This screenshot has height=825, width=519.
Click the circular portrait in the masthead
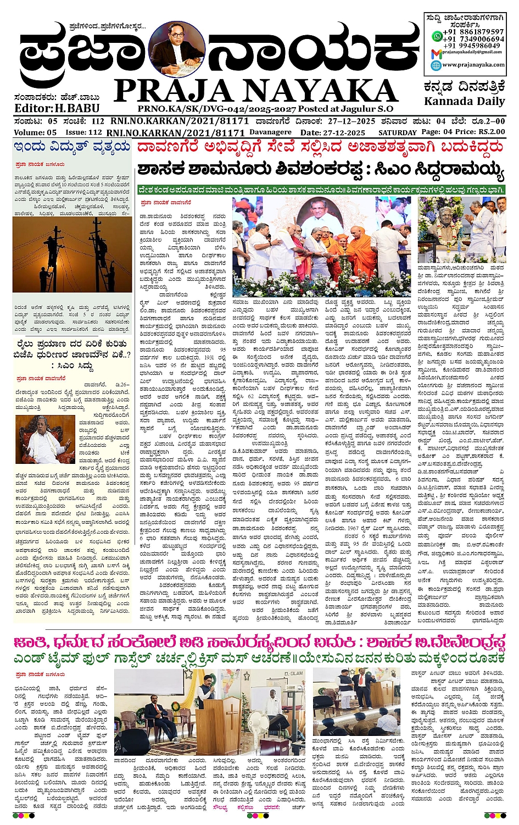[x=177, y=49]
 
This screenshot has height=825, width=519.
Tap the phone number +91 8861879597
[x=473, y=32]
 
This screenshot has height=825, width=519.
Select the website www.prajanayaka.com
[x=473, y=65]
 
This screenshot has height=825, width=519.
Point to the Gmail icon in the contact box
[x=436, y=53]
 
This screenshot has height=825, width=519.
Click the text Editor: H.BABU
[x=57, y=108]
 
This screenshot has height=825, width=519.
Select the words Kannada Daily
[x=464, y=101]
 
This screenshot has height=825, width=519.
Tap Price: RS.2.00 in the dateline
[x=475, y=132]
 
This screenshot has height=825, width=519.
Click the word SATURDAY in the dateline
[x=397, y=132]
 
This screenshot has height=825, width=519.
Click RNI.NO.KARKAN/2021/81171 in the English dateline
[x=175, y=132]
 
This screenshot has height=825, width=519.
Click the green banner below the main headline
[x=321, y=190]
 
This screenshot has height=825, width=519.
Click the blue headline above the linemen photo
[x=72, y=147]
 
